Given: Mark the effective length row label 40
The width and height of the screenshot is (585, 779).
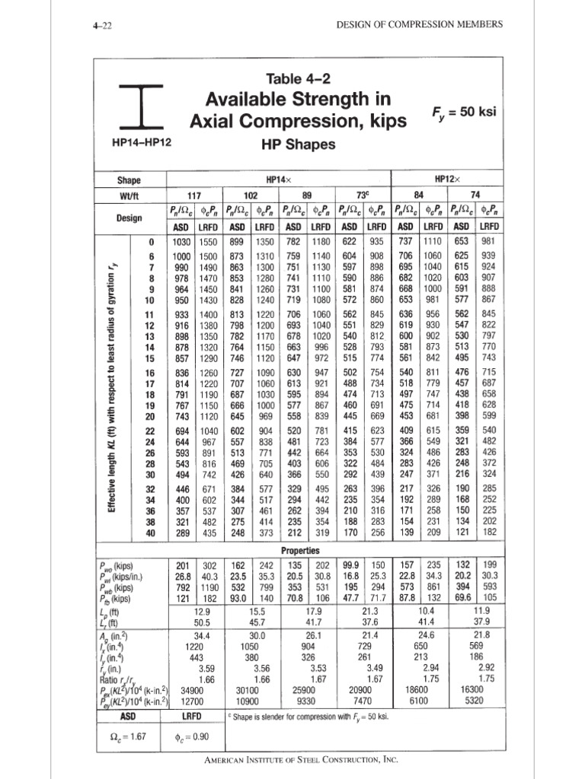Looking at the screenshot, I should [151, 533].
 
